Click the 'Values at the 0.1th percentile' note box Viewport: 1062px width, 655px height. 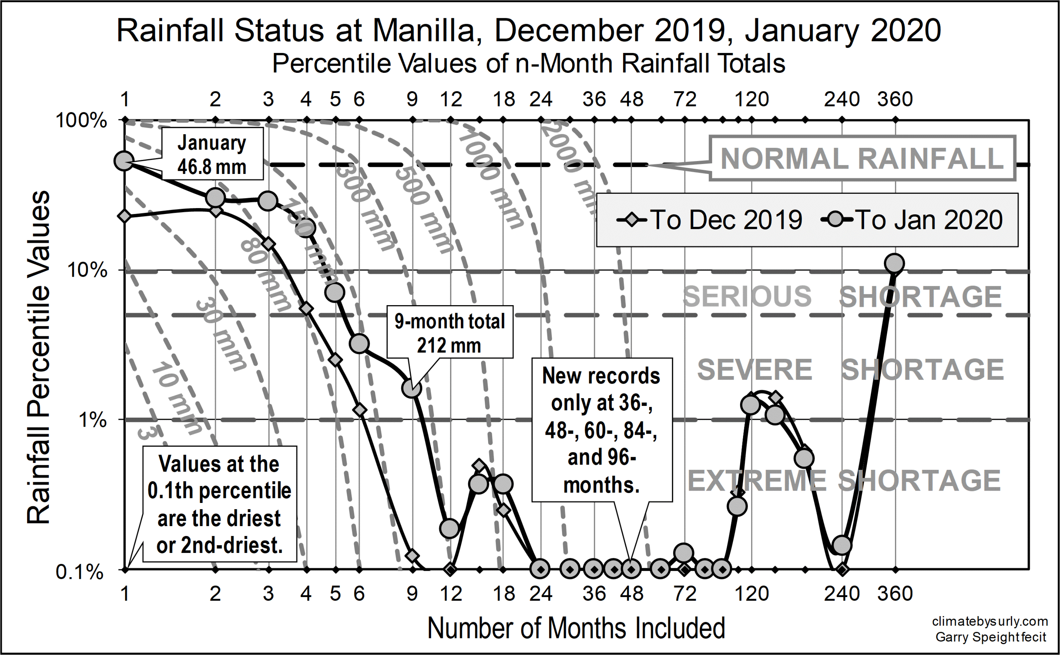click(x=219, y=504)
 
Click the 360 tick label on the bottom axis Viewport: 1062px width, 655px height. click(x=895, y=593)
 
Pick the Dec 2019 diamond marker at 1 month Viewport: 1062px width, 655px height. click(x=125, y=216)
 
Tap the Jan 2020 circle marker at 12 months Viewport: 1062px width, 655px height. click(x=450, y=528)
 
